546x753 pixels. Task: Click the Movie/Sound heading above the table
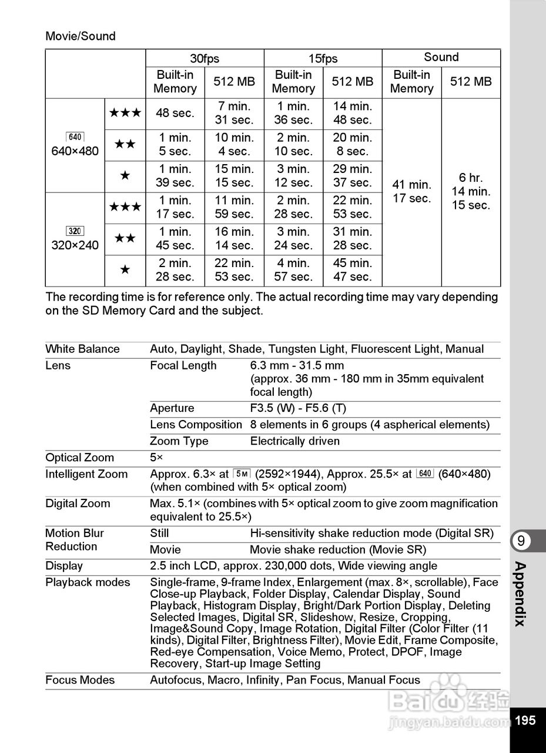pyautogui.click(x=81, y=36)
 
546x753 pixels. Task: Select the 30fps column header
pyautogui.click(x=205, y=58)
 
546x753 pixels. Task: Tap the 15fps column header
pyautogui.click(x=323, y=58)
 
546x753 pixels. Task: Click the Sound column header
pyautogui.click(x=441, y=57)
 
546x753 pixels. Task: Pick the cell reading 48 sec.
pyautogui.click(x=175, y=114)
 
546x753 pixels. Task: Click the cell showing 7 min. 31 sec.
pyautogui.click(x=234, y=114)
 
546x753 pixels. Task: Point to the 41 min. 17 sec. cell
pyautogui.click(x=411, y=192)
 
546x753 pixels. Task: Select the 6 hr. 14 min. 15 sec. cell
pyautogui.click(x=471, y=192)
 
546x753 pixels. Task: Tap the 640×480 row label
pyautogui.click(x=75, y=151)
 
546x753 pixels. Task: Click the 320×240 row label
pyautogui.click(x=75, y=245)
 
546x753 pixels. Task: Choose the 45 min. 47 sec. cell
pyautogui.click(x=353, y=270)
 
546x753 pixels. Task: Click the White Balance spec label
pyautogui.click(x=82, y=349)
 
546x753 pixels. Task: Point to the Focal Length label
pyautogui.click(x=183, y=366)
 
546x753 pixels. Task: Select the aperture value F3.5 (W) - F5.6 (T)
pyautogui.click(x=298, y=408)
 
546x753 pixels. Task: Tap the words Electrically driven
pyautogui.click(x=295, y=441)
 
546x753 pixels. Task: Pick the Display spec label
pyautogui.click(x=64, y=566)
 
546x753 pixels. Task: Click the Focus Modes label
pyautogui.click(x=80, y=681)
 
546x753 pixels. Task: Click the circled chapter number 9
pyautogui.click(x=521, y=541)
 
